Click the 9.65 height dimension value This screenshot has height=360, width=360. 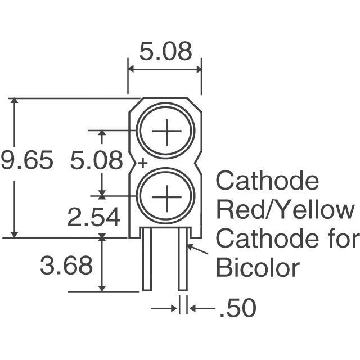tap(28, 160)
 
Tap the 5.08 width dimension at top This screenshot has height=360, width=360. tap(165, 51)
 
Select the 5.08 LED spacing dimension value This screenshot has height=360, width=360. tap(96, 160)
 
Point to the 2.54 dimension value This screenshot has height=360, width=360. tap(94, 217)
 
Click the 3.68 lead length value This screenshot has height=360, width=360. tap(66, 265)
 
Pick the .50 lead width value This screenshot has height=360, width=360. tap(238, 308)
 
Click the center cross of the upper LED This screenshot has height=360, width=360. tap(166, 131)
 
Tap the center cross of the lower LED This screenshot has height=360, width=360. tap(166, 197)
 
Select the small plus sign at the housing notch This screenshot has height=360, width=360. tap(143, 163)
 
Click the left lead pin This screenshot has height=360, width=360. tap(147, 259)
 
